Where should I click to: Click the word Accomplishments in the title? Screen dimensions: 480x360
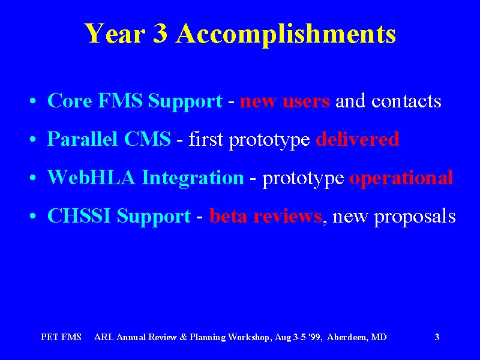click(x=286, y=34)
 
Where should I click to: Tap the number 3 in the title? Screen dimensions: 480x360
click(x=160, y=32)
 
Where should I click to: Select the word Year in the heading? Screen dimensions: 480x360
click(x=115, y=32)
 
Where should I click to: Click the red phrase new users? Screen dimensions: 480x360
click(x=284, y=101)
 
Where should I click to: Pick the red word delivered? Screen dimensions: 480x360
click(x=358, y=139)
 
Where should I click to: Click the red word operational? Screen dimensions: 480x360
click(x=401, y=178)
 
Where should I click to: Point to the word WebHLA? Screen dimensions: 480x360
click(x=91, y=177)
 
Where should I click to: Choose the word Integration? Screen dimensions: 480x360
click(x=193, y=178)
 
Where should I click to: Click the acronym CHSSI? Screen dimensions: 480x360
click(x=79, y=216)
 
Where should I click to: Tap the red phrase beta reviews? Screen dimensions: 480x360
click(x=265, y=216)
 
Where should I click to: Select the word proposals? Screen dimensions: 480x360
click(x=415, y=217)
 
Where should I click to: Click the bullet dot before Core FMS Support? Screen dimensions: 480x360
click(x=33, y=101)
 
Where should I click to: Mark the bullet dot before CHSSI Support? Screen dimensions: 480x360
click(x=33, y=217)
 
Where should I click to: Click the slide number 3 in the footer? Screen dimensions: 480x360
click(x=437, y=337)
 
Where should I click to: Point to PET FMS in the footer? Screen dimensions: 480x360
click(x=61, y=337)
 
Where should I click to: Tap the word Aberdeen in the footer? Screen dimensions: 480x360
click(x=346, y=337)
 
